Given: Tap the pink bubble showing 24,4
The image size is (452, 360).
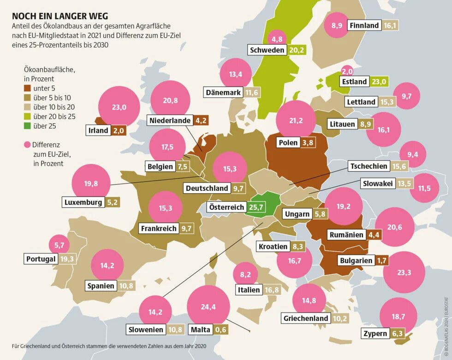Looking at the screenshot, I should pos(208,307).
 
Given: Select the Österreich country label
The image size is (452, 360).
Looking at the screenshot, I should pos(226,207).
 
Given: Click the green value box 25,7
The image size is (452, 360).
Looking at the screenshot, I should pos(256,207).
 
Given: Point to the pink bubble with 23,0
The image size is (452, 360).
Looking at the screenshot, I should pos(119,107).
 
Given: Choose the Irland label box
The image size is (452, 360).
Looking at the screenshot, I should pos(98,130).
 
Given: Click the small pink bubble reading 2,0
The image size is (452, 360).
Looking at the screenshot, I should pos(347,71).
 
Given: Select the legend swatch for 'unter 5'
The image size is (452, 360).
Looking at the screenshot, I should pos(28,88).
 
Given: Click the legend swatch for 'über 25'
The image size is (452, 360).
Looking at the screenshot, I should pos(28,125).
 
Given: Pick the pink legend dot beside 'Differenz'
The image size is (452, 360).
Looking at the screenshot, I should pos(27,145).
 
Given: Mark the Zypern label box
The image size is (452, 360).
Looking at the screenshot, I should pos(375,334).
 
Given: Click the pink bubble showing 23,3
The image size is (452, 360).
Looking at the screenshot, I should pos(404,272).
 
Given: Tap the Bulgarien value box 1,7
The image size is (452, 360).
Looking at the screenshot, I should pos(382,260).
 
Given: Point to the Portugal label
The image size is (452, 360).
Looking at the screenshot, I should pos(41,259).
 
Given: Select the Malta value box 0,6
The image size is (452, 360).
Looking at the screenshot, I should pos(221,330).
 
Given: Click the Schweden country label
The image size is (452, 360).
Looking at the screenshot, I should pos(267,50).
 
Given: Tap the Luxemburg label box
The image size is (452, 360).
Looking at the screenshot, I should pos(83,202).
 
